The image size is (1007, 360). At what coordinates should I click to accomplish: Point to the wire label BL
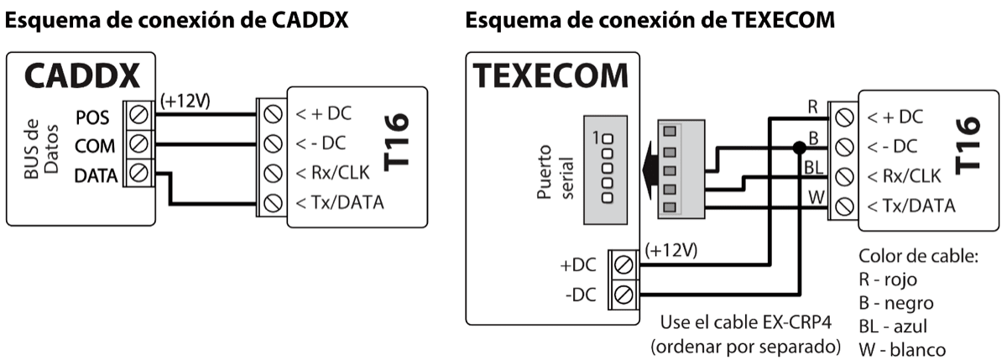812,167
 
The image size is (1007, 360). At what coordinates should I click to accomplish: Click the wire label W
812,198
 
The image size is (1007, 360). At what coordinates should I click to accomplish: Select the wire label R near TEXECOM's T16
812,107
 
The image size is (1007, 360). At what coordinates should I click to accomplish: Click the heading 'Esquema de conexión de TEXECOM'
650,21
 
